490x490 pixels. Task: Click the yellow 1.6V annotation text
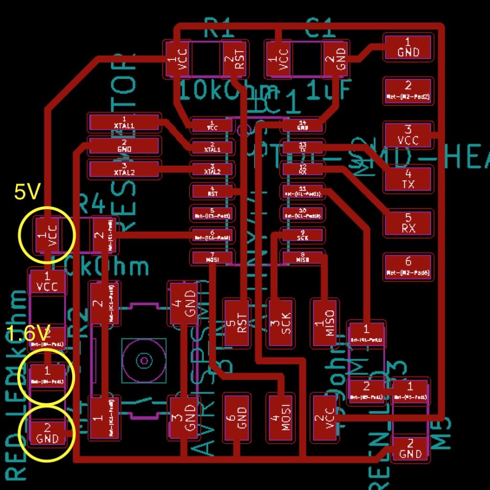tap(29, 333)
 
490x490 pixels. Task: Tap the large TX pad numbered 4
tap(408, 178)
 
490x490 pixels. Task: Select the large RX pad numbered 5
tap(408, 223)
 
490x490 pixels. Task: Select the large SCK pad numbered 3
tap(281, 323)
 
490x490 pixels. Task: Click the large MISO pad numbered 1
tap(325, 323)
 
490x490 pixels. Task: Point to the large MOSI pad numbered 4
tap(281, 417)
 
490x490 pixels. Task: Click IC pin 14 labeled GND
tap(302, 125)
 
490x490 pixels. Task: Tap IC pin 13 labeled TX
tap(302, 147)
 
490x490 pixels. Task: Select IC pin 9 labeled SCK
tap(302, 235)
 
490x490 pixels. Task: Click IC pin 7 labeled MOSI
tap(212, 257)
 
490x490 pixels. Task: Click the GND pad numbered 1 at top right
tap(408, 47)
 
